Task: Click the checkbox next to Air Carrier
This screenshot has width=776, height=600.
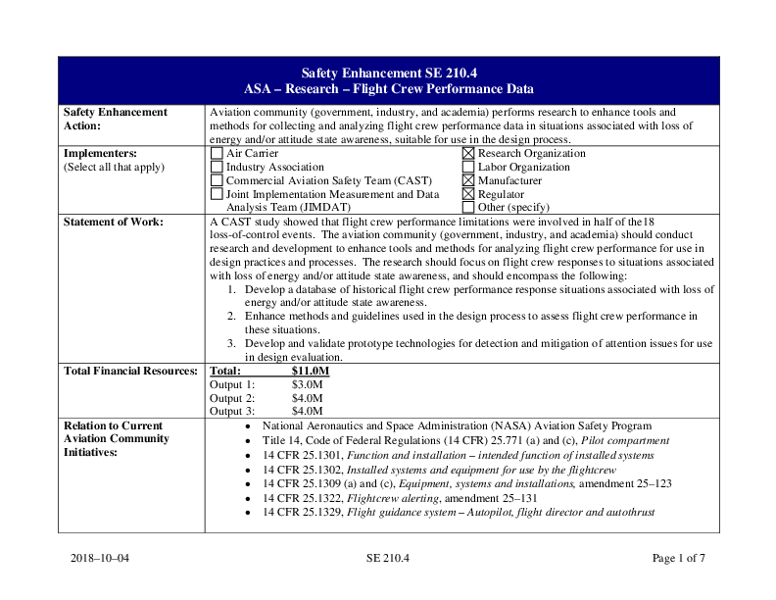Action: [217, 154]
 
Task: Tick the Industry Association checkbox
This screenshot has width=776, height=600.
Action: [217, 168]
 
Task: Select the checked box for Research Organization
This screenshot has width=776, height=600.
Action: [468, 154]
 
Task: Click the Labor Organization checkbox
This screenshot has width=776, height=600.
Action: [468, 168]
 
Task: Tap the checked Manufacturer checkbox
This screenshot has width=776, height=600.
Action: [468, 181]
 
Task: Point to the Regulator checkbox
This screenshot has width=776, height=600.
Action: [468, 194]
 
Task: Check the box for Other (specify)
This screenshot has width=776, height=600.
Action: [468, 208]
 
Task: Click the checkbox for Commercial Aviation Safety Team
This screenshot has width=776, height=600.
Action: [217, 181]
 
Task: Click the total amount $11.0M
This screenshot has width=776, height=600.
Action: [311, 372]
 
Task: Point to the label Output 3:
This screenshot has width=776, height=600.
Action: [233, 412]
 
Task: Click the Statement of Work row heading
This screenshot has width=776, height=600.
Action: [113, 222]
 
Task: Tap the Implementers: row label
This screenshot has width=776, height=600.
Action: [100, 154]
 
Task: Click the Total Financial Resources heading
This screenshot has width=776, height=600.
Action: [130, 372]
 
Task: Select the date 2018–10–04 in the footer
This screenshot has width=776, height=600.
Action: [100, 559]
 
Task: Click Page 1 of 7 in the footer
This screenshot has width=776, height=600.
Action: [678, 559]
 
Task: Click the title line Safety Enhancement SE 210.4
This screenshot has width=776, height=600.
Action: [389, 73]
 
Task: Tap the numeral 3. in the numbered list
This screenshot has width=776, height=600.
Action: [231, 344]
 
